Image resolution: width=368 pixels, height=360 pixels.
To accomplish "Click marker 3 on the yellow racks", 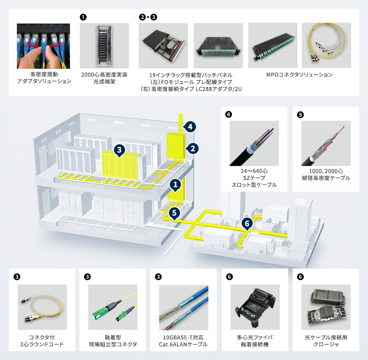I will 119,150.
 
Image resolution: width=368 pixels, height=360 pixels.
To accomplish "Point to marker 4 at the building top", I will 190,127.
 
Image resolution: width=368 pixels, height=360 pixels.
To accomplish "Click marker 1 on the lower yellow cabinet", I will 176,183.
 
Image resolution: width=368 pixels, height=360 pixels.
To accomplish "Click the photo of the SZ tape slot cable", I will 254,143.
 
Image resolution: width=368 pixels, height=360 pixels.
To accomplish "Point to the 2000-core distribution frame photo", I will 104,45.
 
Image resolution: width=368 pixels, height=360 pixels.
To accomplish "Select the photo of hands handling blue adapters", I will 43,45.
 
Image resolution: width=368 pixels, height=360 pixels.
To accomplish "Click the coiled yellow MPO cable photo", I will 326,45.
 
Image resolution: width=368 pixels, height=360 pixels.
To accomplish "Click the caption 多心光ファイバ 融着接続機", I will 255,341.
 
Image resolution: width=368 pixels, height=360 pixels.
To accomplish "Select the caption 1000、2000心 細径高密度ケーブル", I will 326,174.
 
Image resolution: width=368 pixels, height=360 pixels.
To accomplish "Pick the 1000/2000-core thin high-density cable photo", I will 326,143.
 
